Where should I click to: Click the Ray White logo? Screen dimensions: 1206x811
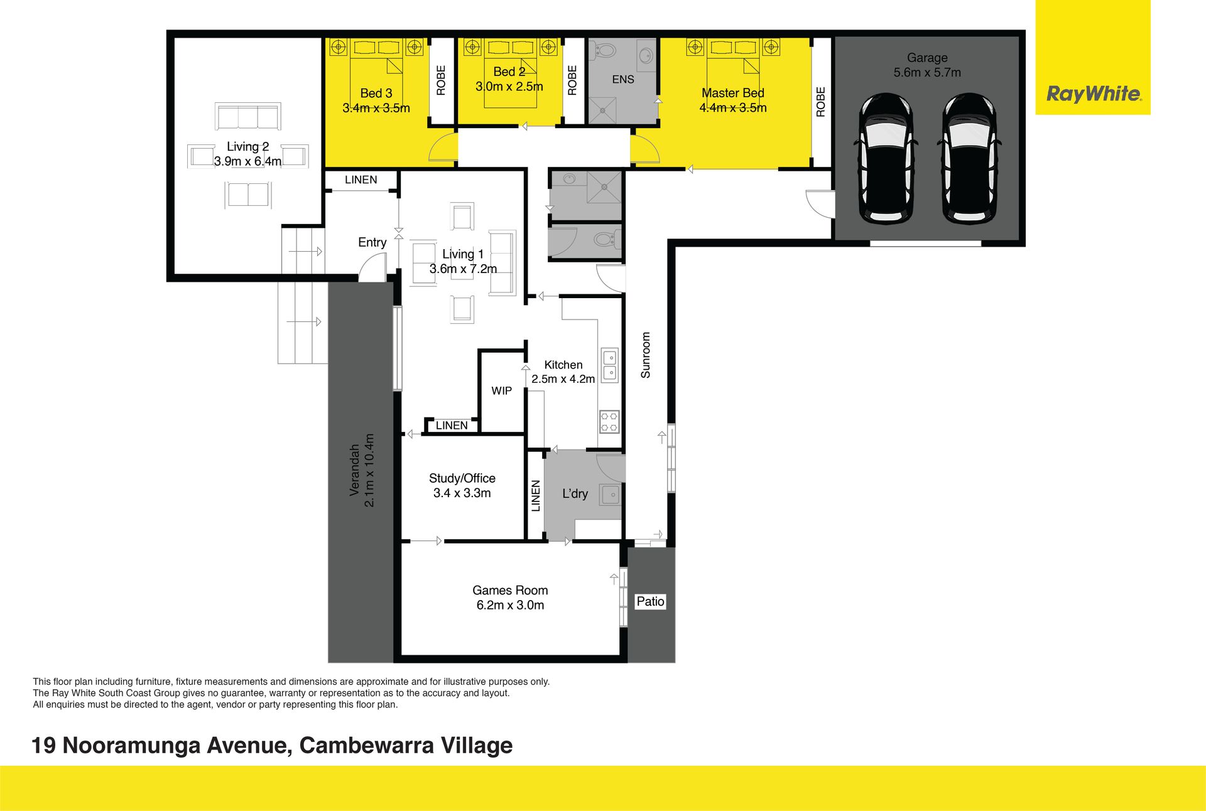(x=1094, y=94)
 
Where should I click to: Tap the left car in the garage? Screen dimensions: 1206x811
(x=885, y=158)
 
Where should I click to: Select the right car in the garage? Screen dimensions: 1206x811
(x=969, y=158)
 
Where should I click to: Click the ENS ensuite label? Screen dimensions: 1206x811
(x=623, y=79)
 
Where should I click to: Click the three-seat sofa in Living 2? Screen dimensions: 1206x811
(x=247, y=117)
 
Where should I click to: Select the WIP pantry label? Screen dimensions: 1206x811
(x=501, y=390)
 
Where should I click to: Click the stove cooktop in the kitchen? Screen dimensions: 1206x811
(x=609, y=422)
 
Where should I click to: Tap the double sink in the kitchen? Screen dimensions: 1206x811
(x=609, y=365)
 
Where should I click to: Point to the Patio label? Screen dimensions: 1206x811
(x=650, y=601)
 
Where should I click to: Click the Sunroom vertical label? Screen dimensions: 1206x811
(x=645, y=355)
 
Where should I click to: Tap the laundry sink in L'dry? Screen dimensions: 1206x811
(x=610, y=494)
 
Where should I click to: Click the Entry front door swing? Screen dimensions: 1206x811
(x=372, y=271)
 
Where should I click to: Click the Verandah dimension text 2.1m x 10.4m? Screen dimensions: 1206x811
(x=369, y=470)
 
